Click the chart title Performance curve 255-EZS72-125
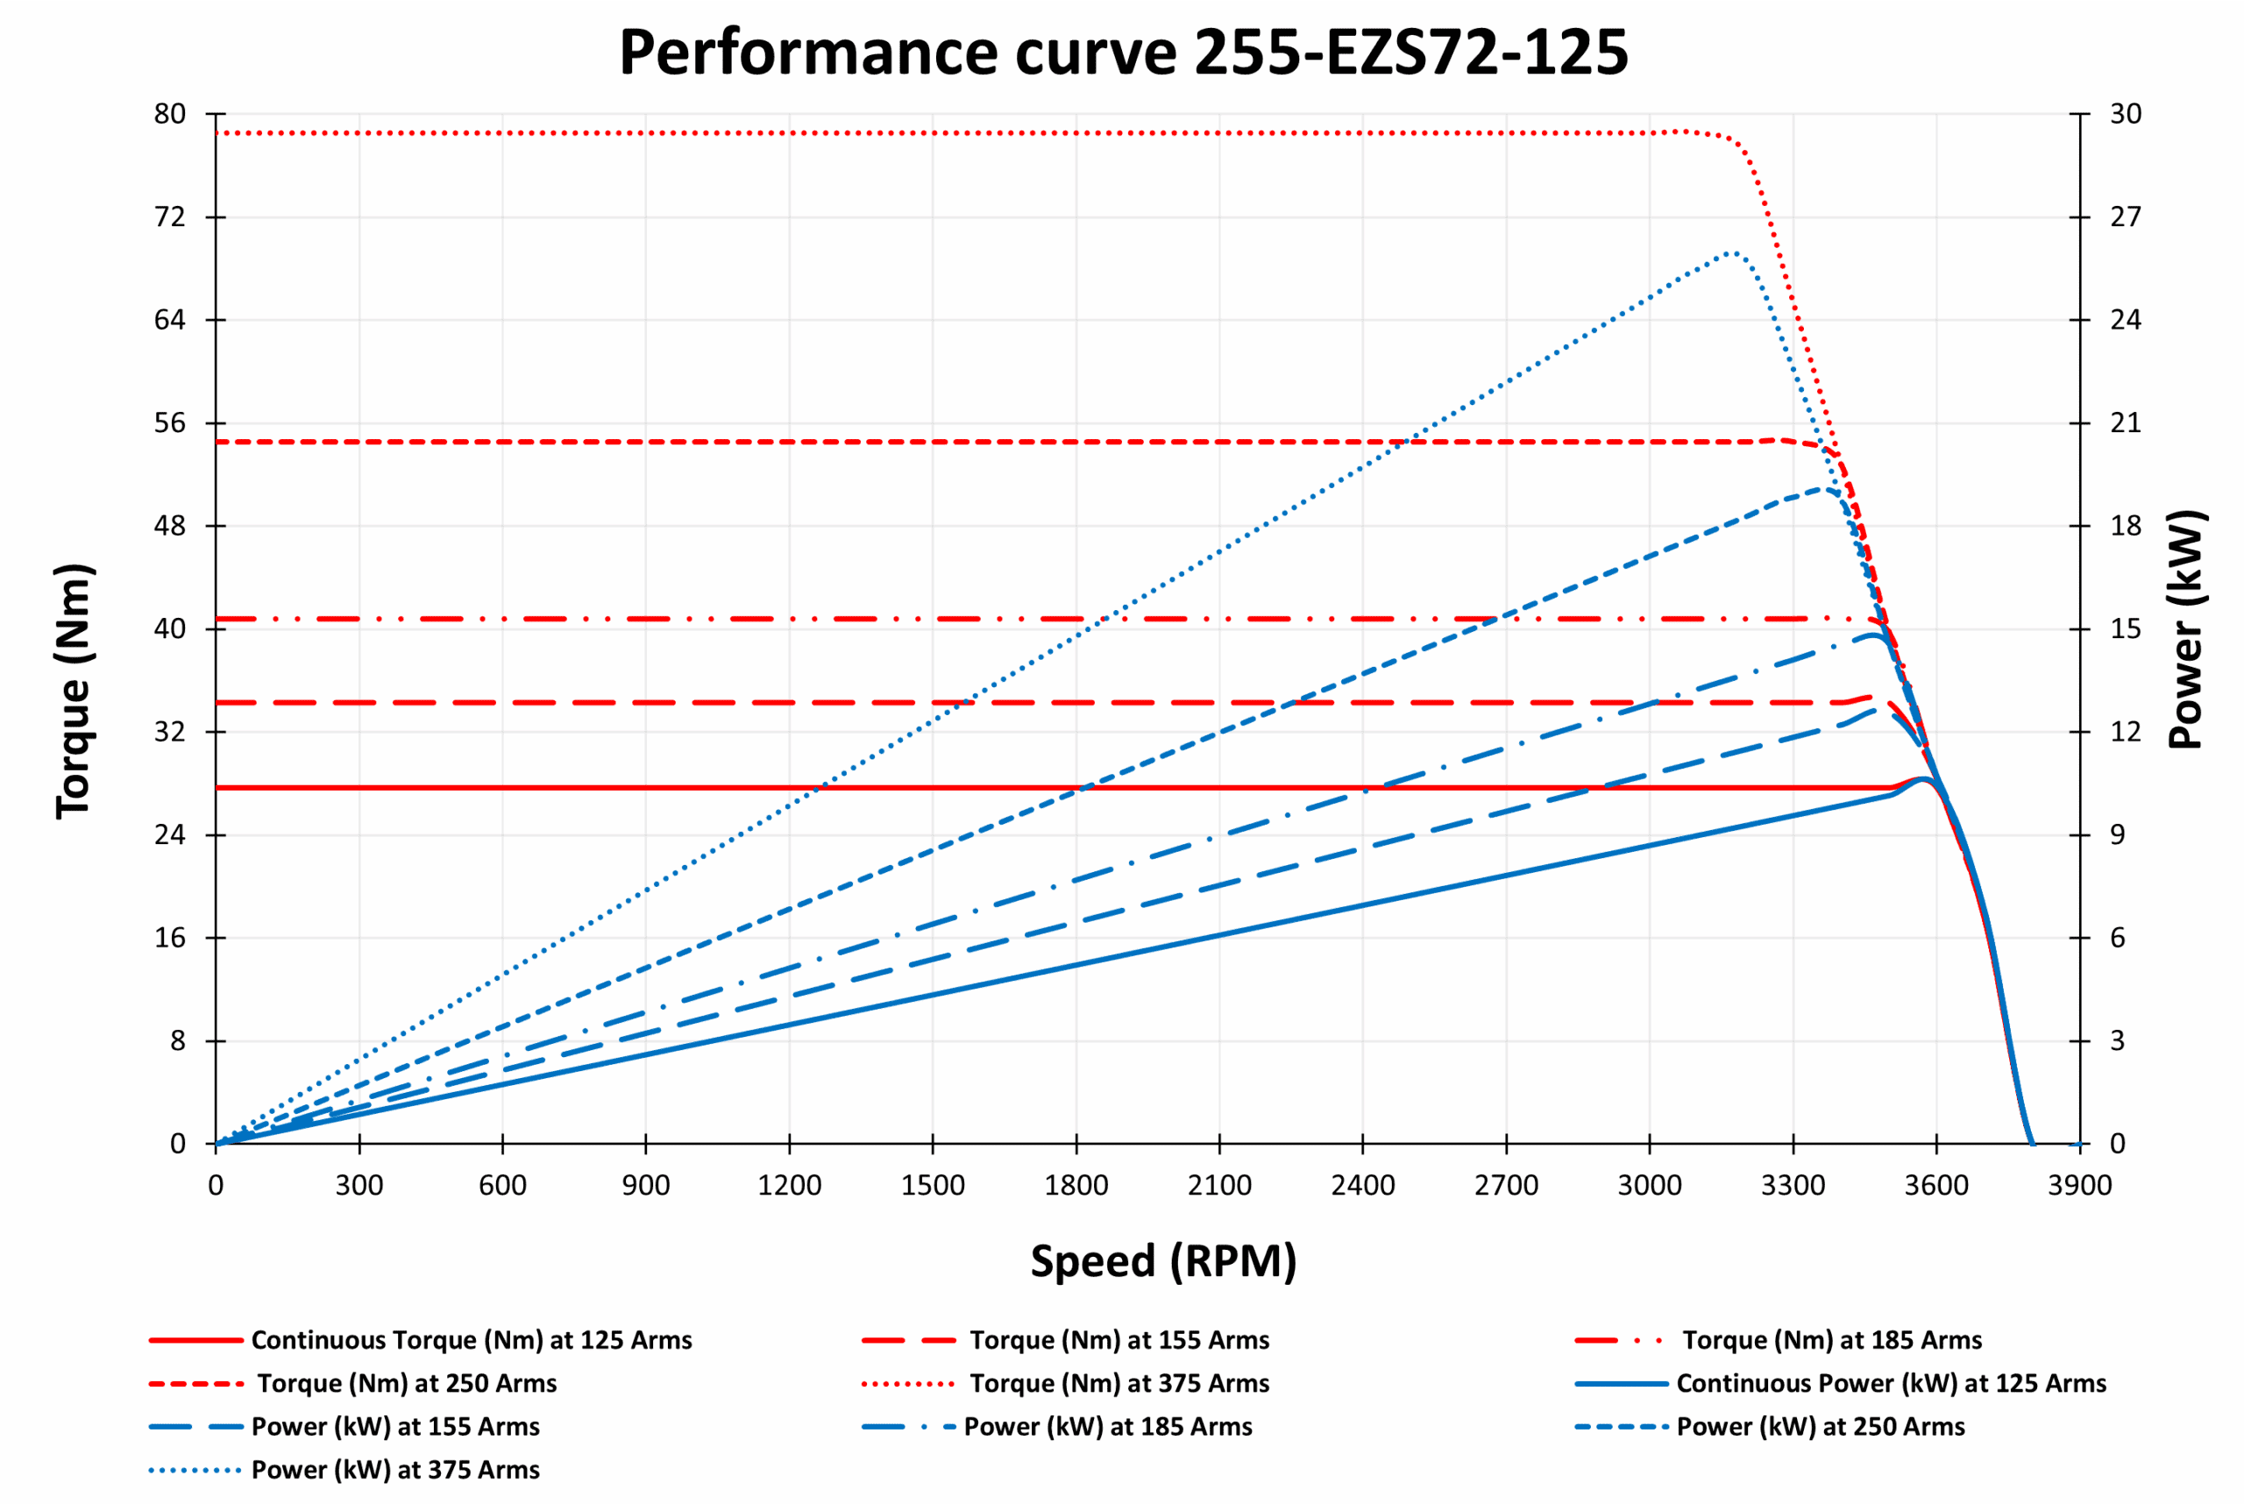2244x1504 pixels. click(x=1124, y=53)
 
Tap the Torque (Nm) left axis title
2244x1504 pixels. click(x=73, y=692)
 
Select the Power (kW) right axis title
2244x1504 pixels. click(x=2186, y=629)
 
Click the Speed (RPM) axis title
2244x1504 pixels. click(x=1163, y=1260)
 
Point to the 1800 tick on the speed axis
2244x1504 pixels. click(x=1076, y=1186)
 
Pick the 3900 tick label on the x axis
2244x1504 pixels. click(x=2079, y=1186)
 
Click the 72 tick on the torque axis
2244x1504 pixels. click(x=170, y=216)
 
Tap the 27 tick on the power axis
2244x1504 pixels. click(x=2124, y=216)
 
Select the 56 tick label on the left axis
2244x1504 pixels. click(x=170, y=423)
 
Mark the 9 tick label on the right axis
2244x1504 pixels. click(x=2118, y=834)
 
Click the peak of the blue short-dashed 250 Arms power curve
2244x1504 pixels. click(x=1821, y=489)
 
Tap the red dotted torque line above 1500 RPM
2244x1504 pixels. click(x=933, y=133)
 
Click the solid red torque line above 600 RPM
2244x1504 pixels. click(x=503, y=787)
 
